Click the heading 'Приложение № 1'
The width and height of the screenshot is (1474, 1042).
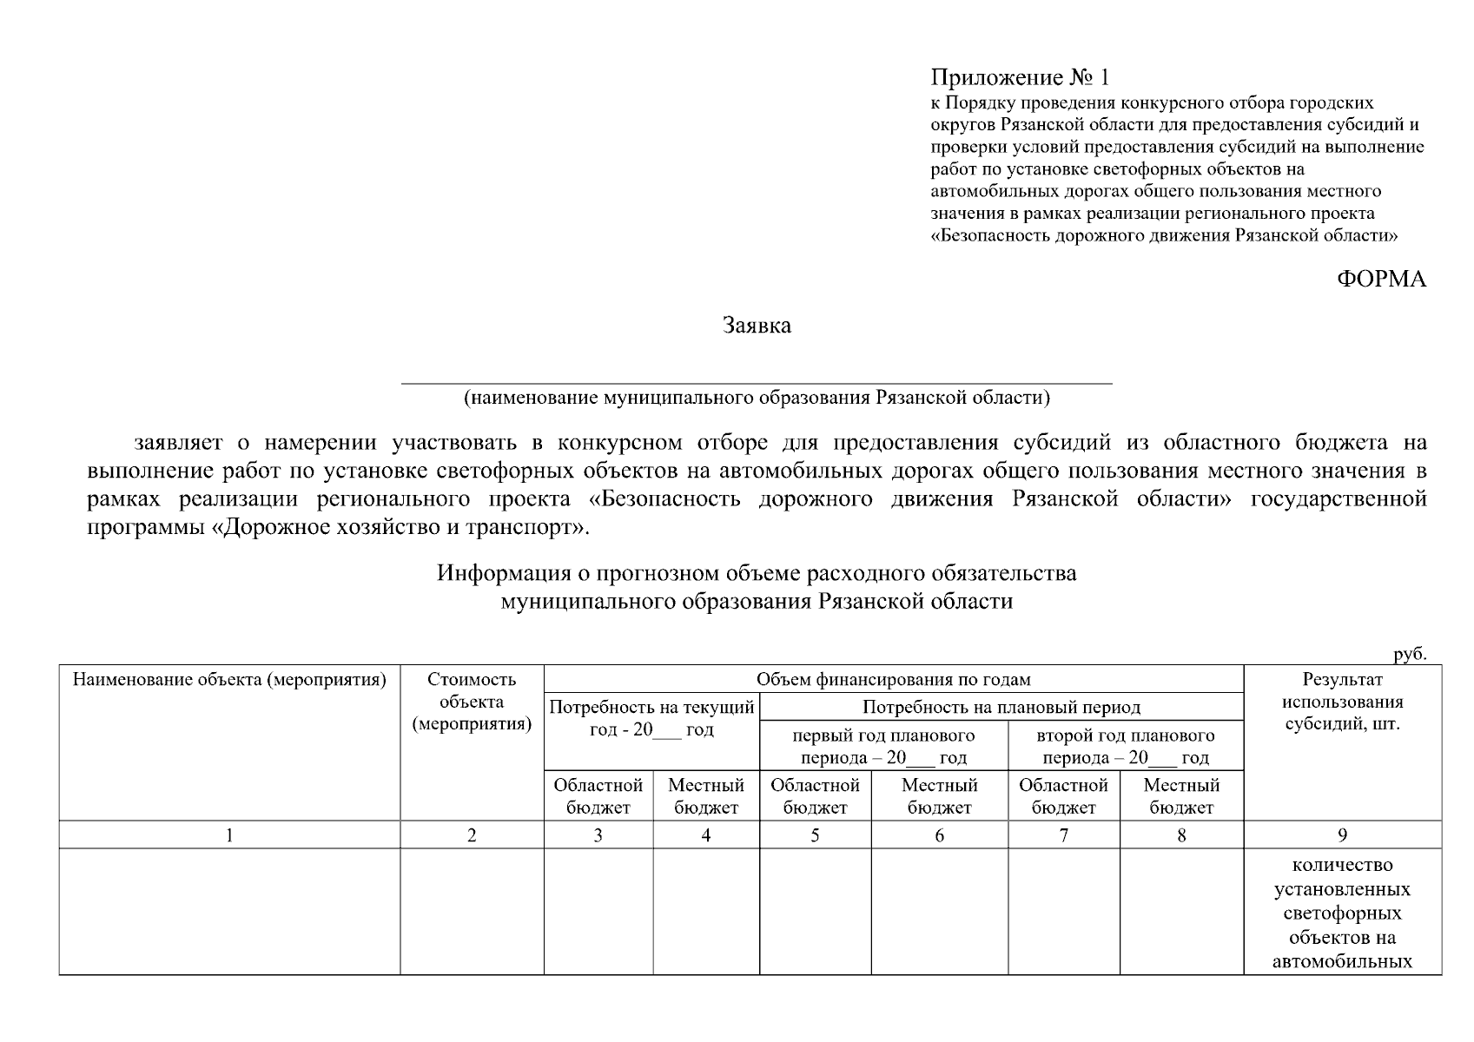click(x=1020, y=78)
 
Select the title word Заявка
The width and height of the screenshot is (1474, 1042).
click(x=757, y=326)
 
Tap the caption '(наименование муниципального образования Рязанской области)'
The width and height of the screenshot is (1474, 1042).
click(x=757, y=398)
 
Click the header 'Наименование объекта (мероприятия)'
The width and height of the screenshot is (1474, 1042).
click(x=229, y=679)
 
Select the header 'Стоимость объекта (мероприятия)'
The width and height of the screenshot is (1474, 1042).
click(x=472, y=702)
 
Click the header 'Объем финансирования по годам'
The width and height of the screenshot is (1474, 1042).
click(x=893, y=679)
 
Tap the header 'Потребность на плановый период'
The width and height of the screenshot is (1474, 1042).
click(x=1001, y=707)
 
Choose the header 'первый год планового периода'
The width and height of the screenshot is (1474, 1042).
click(x=883, y=746)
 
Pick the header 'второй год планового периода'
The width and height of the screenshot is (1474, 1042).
click(x=1125, y=746)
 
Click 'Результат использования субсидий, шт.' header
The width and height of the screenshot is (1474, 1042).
click(x=1342, y=702)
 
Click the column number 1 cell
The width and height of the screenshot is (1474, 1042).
click(x=229, y=835)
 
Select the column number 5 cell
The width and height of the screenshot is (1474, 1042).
click(x=815, y=835)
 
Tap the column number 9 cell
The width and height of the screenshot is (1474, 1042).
click(x=1342, y=835)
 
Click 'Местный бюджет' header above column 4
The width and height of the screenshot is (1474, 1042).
click(x=705, y=796)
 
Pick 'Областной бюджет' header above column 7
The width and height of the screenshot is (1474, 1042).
click(x=1063, y=796)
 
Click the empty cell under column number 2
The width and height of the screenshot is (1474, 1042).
click(x=472, y=912)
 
